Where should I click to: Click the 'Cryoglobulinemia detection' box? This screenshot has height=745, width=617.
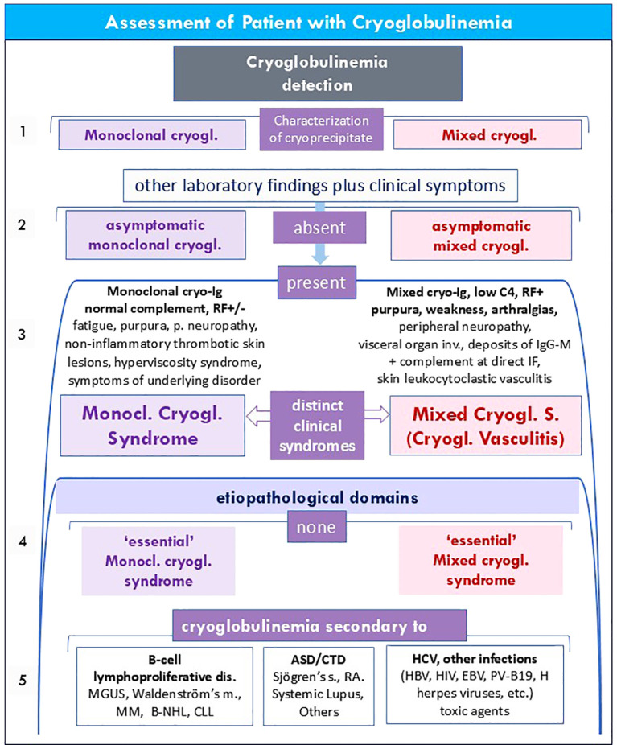[x=317, y=73]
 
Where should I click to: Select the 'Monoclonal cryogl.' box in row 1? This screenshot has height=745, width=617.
[x=152, y=134]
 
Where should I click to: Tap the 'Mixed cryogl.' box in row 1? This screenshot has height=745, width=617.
[x=487, y=134]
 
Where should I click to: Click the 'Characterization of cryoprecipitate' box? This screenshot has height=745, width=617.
[x=321, y=130]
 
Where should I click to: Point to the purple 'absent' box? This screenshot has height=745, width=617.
[x=319, y=228]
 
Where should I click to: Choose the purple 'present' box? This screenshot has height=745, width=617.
[x=316, y=282]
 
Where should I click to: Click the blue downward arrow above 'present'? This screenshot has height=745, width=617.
[x=320, y=233]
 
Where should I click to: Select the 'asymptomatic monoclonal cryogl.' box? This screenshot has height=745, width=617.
[x=155, y=235]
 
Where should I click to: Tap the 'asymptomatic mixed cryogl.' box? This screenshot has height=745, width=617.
[x=481, y=236]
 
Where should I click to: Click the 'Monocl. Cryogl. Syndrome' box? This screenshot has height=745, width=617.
[x=153, y=426]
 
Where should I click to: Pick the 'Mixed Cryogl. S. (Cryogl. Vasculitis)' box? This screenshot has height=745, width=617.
[x=485, y=426]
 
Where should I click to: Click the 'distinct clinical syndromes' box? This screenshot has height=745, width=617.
[x=317, y=426]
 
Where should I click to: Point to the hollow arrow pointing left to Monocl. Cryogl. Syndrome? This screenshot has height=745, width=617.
[x=258, y=417]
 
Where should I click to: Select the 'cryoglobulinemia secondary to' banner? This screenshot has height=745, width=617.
[x=319, y=626]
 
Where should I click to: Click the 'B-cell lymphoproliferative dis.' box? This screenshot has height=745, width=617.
[x=165, y=685]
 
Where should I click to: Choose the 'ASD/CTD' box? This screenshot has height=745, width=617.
[x=319, y=685]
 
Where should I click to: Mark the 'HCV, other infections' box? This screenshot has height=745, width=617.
[x=475, y=685]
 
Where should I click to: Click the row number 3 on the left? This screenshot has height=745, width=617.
[x=22, y=334]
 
